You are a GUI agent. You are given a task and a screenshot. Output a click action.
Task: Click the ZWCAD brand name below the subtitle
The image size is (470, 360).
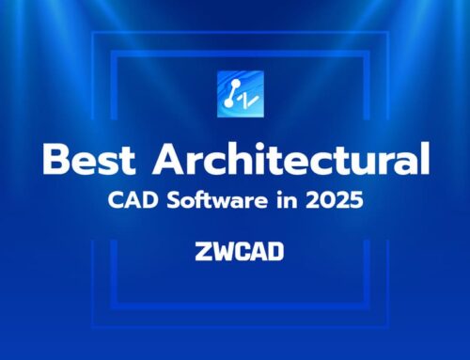click(235, 252)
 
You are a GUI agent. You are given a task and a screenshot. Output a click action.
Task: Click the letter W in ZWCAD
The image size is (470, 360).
click(223, 252)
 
